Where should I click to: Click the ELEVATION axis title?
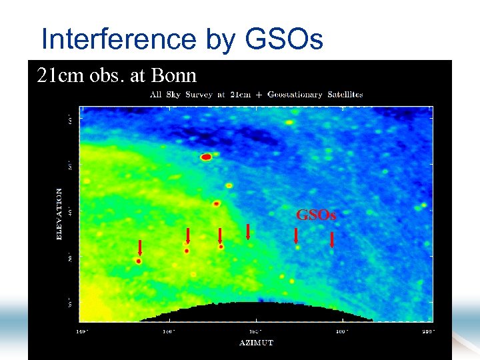click(x=59, y=213)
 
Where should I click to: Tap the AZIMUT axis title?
click(x=256, y=343)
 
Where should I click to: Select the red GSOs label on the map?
click(x=316, y=215)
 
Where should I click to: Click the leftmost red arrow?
click(x=140, y=247)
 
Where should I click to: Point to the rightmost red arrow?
click(x=332, y=239)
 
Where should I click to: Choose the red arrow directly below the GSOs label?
click(x=296, y=235)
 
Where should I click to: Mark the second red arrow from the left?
click(x=188, y=235)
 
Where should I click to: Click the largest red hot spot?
click(x=206, y=157)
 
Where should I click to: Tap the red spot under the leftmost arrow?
click(x=139, y=261)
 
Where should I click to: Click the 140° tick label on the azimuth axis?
click(x=81, y=330)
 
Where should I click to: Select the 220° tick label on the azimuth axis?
click(x=428, y=330)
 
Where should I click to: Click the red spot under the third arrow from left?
click(x=221, y=247)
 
